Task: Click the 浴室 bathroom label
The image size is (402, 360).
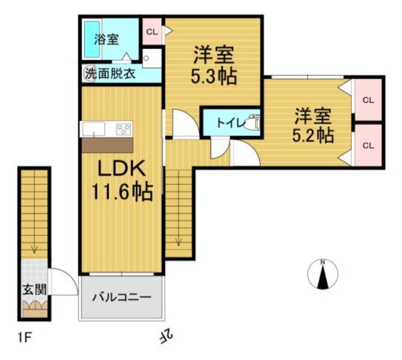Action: coord(106,39)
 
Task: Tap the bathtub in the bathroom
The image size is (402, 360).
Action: coord(92,39)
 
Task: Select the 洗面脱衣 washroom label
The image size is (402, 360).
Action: coord(110,74)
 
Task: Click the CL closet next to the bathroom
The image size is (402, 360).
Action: coord(152,32)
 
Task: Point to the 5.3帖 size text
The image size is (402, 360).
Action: coord(214,77)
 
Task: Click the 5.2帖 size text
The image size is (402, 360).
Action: coord(313,135)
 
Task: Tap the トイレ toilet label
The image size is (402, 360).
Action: coord(230,123)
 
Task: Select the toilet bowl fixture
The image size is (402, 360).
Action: coord(253,122)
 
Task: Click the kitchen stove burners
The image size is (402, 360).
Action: coord(124,129)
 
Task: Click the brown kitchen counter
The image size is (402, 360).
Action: coord(107,145)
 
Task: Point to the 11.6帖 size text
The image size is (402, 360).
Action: coord(122,192)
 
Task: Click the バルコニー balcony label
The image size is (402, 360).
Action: coord(122,297)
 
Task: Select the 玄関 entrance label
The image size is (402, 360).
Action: coord(34,290)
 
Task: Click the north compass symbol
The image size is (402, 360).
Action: coord(323,274)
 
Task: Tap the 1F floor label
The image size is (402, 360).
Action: coord(25,338)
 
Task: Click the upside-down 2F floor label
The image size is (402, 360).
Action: coord(167,336)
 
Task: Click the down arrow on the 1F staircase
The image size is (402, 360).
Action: coord(34,250)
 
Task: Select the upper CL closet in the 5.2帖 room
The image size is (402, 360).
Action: coord(368,100)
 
